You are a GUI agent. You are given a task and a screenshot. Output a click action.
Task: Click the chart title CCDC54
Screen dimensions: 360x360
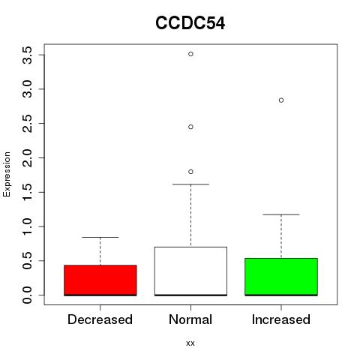click(x=190, y=23)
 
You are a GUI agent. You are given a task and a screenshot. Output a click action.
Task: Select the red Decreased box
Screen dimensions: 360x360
click(x=100, y=280)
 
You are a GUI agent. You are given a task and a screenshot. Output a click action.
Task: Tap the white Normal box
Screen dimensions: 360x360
click(x=190, y=271)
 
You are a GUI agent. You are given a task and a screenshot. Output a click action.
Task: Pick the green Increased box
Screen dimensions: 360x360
click(x=281, y=277)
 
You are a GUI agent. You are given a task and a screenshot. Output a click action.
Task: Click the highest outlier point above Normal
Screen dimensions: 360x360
click(x=190, y=54)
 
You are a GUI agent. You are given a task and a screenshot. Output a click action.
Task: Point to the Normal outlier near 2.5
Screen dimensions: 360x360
click(x=190, y=127)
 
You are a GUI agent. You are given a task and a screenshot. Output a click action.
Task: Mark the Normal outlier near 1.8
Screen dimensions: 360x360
click(x=190, y=172)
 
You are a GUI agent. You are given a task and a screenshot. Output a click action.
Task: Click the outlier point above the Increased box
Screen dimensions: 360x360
click(x=281, y=100)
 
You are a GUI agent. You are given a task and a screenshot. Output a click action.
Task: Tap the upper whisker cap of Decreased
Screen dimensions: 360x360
click(x=100, y=237)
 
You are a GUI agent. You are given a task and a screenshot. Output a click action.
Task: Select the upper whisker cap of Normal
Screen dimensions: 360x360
click(x=190, y=184)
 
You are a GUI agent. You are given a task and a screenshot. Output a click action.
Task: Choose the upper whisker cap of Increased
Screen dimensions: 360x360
click(x=281, y=214)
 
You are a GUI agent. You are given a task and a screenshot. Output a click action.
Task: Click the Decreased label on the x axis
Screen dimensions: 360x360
click(x=100, y=319)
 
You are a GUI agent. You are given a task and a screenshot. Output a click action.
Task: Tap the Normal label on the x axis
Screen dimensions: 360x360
click(x=190, y=319)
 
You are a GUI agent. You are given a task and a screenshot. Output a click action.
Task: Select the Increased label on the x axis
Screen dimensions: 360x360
click(x=281, y=319)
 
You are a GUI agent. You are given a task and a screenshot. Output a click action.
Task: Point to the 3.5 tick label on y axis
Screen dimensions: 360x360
click(x=27, y=55)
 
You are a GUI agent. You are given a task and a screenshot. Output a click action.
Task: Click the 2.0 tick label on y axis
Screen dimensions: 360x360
click(x=27, y=158)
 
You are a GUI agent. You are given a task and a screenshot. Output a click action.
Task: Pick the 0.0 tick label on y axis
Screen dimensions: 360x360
click(x=27, y=295)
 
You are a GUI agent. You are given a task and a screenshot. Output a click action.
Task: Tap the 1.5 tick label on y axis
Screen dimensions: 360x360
click(x=27, y=192)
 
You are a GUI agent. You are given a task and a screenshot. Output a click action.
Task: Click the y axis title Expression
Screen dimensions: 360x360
click(x=7, y=174)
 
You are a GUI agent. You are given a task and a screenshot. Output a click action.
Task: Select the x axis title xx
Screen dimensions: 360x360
click(x=190, y=343)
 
